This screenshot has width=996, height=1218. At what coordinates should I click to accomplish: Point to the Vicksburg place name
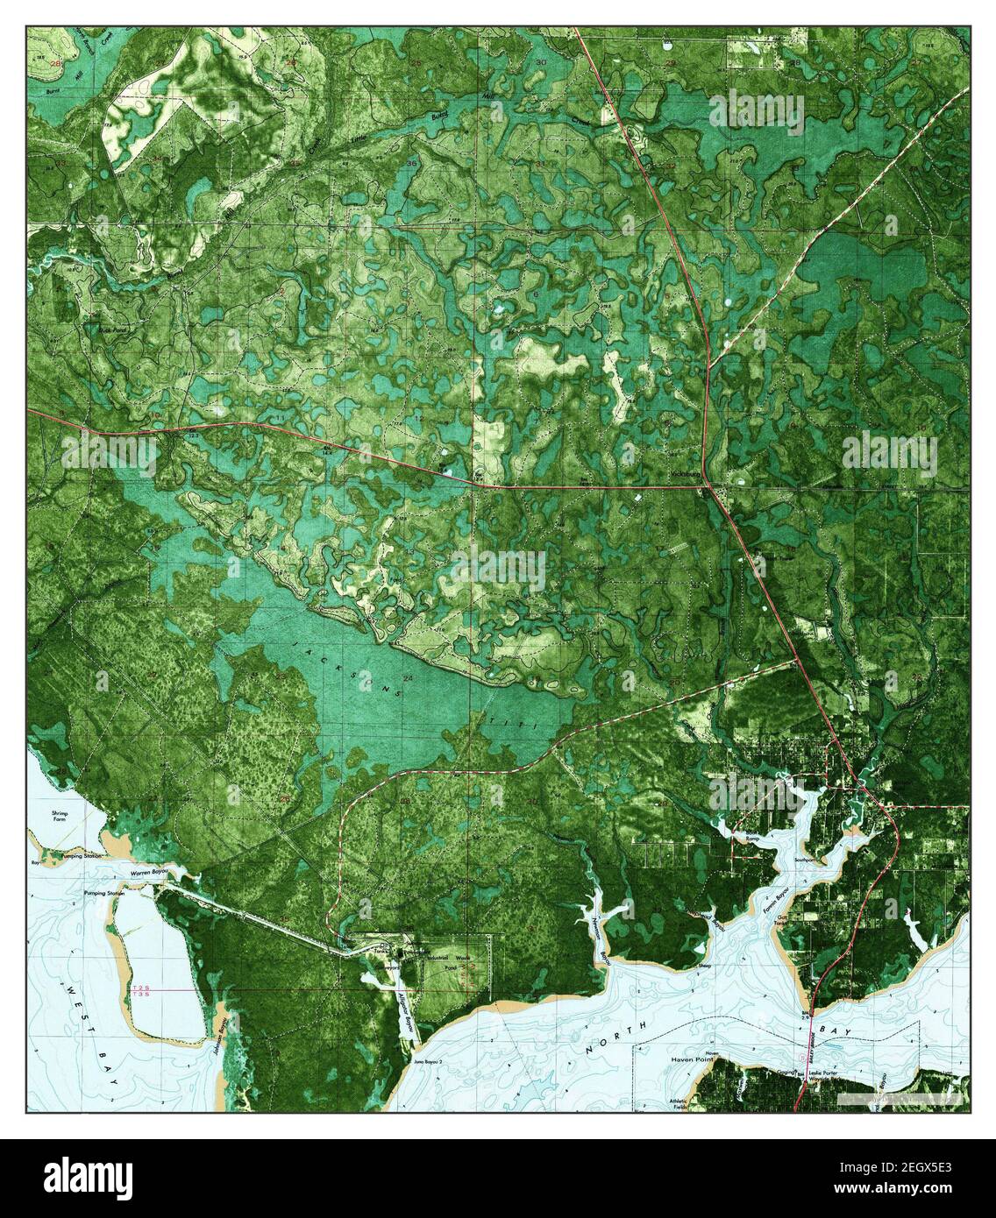pyautogui.click(x=681, y=478)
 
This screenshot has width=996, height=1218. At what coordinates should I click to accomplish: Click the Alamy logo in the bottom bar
pyautogui.click(x=73, y=1178)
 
